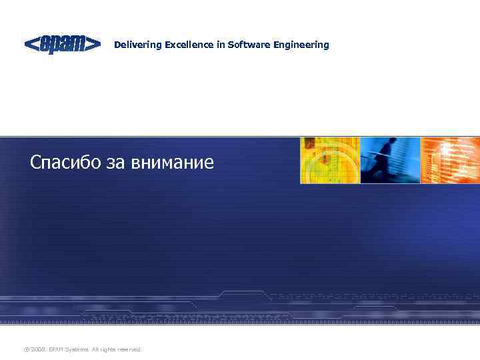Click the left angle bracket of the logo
coord(31,44)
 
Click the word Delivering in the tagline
coord(134,45)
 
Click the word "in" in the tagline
coord(220,45)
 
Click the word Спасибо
coord(65,162)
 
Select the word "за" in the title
coord(114,163)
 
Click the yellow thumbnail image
coord(329,160)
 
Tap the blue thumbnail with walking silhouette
coord(390,160)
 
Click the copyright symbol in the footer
coord(26,349)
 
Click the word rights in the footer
coord(108,349)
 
